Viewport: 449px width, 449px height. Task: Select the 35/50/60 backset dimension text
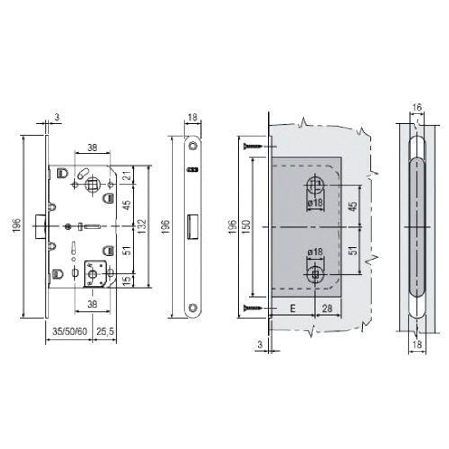[69, 332]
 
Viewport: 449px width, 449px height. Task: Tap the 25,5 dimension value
[104, 332]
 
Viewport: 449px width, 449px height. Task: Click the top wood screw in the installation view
[252, 146]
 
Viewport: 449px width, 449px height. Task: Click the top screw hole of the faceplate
[193, 146]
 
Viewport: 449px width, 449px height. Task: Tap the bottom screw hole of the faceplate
[193, 308]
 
